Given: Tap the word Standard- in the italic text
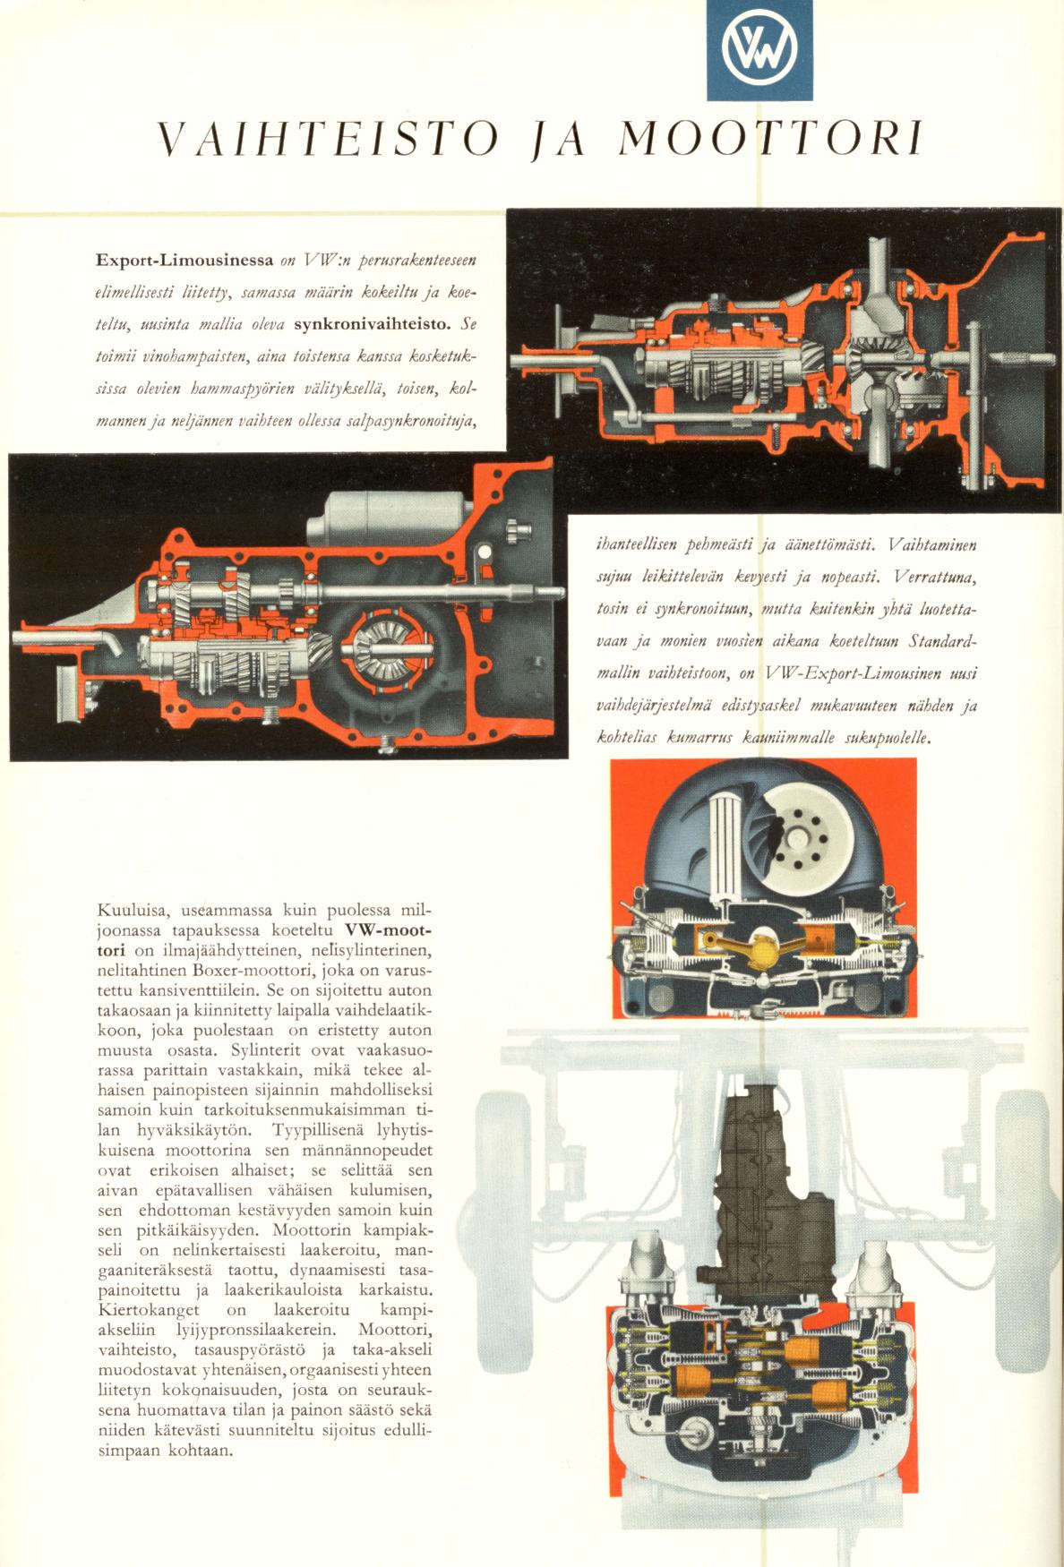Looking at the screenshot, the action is (941, 644).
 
